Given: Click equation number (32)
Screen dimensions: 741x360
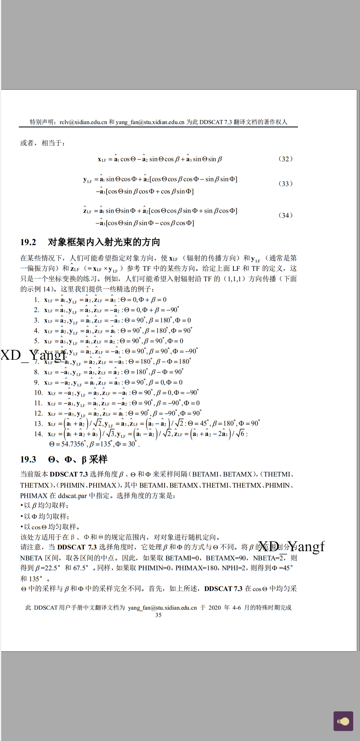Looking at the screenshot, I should pyautogui.click(x=285, y=159).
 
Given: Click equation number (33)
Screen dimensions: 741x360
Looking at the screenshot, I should pyautogui.click(x=285, y=183).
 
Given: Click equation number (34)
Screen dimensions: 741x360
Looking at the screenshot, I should pyautogui.click(x=285, y=215).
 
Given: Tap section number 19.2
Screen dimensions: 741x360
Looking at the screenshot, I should pyautogui.click(x=28, y=242).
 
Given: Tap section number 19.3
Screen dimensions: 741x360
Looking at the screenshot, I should pyautogui.click(x=28, y=459).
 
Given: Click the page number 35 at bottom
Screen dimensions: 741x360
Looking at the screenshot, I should pyautogui.click(x=158, y=615).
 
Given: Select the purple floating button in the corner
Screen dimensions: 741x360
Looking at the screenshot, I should pyautogui.click(x=343, y=721).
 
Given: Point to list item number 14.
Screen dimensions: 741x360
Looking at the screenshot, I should pyautogui.click(x=38, y=434).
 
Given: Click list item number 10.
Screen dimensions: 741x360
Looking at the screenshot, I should pyautogui.click(x=38, y=393).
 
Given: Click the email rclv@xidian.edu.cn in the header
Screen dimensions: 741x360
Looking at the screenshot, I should pyautogui.click(x=83, y=122).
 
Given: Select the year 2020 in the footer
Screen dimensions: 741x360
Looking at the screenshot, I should pyautogui.click(x=214, y=607).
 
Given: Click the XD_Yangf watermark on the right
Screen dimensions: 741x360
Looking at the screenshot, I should pyautogui.click(x=291, y=546).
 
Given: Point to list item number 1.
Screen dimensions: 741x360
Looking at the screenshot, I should pyautogui.click(x=36, y=300).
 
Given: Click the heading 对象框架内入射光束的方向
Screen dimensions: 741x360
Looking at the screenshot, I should pyautogui.click(x=104, y=242).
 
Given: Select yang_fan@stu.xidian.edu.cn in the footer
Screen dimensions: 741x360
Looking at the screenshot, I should pyautogui.click(x=162, y=607).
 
